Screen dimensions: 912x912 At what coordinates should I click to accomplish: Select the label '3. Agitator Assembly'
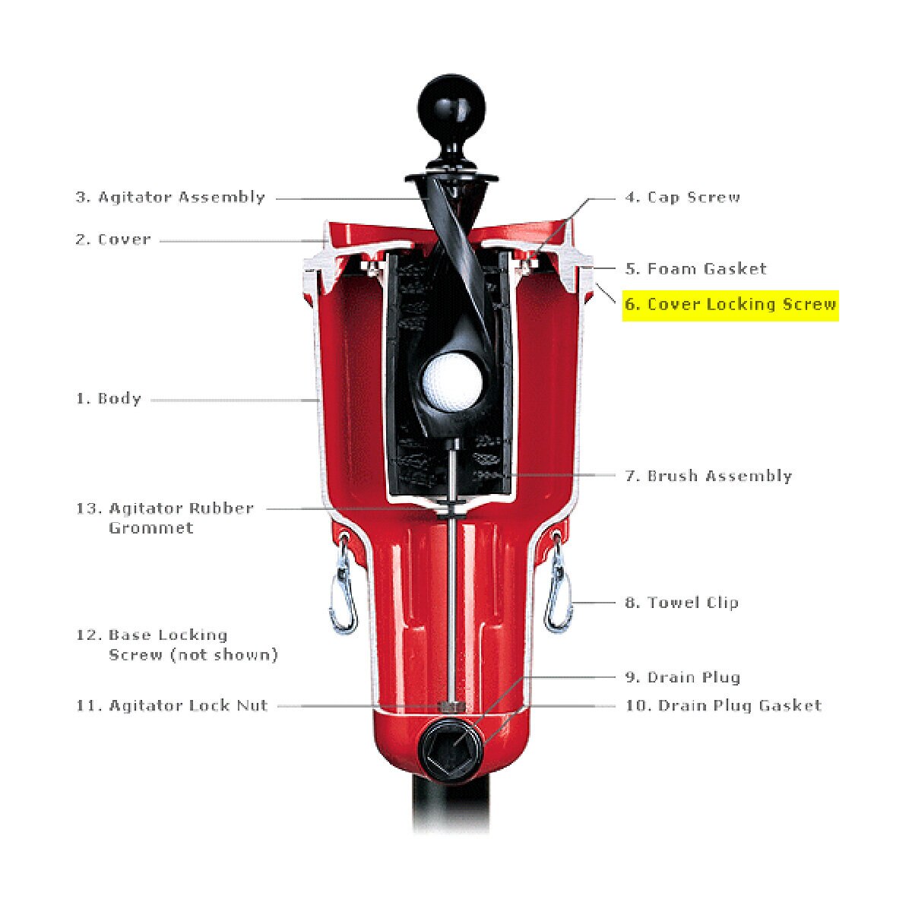tap(170, 197)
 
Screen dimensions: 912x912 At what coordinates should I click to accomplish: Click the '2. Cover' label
tap(113, 239)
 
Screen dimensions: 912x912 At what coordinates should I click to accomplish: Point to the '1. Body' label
tap(109, 398)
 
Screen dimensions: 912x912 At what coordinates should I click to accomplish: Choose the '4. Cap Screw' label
tap(682, 197)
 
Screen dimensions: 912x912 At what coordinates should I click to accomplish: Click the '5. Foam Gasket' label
tap(695, 269)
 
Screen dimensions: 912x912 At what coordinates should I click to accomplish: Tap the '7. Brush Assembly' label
tap(708, 476)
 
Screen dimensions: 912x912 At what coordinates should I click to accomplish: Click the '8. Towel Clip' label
tap(682, 603)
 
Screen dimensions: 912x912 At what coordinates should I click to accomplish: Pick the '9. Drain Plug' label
tap(682, 677)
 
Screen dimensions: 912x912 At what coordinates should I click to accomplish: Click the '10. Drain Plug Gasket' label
tap(724, 705)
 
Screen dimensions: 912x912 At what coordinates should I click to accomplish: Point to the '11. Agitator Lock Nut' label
tap(172, 705)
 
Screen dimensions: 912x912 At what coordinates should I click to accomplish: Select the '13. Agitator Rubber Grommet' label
tap(165, 518)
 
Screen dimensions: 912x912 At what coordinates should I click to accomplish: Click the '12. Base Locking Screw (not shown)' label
tap(177, 644)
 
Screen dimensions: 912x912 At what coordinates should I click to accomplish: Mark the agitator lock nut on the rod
tap(452, 707)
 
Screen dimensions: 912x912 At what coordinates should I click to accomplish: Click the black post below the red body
tap(451, 805)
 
